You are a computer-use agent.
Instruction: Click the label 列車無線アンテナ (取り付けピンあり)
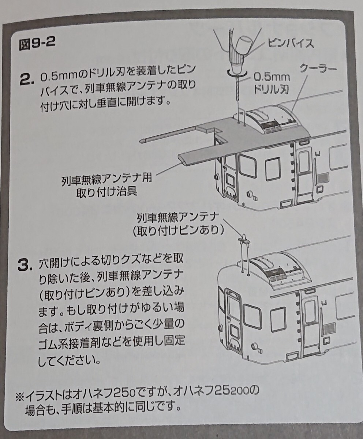click(178, 224)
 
